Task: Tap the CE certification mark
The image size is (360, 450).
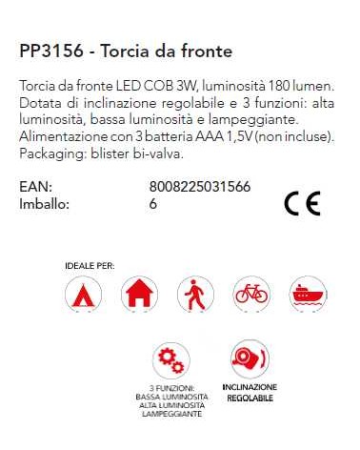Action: coord(302,204)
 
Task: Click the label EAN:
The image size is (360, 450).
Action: coord(34,187)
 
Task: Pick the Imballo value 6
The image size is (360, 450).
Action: coord(153,203)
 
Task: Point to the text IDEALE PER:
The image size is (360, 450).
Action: coord(90,264)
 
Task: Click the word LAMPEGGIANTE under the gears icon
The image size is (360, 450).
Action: coord(172,416)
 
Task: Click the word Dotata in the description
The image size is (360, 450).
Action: coord(39,103)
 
